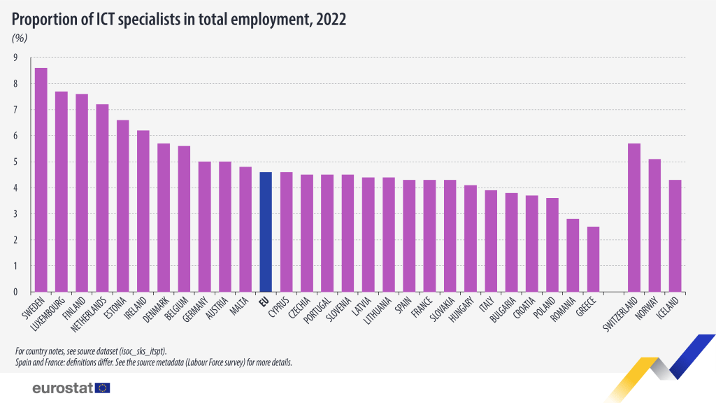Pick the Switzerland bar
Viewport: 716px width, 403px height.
[634, 218]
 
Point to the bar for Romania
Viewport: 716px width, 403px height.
[573, 255]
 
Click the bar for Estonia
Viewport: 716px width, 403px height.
[122, 206]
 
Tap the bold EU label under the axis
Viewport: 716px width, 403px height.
[264, 302]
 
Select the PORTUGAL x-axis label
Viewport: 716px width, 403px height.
[318, 313]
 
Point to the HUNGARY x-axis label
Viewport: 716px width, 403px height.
[463, 311]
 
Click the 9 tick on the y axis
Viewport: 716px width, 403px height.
[15, 58]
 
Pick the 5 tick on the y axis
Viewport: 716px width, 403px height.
[15, 162]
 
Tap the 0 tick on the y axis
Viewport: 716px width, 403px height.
[15, 292]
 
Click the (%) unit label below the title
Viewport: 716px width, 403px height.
[20, 38]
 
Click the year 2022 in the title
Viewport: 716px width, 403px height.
[331, 19]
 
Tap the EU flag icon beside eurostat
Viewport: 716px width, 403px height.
[103, 388]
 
